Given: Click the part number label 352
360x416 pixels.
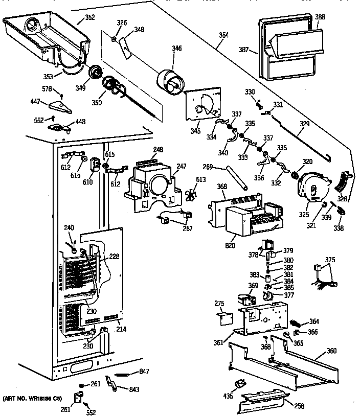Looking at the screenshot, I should [x=89, y=17].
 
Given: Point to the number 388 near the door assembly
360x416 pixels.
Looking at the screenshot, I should [x=320, y=17].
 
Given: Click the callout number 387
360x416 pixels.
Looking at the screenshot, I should [x=243, y=50].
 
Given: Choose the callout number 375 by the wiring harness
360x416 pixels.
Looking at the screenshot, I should [x=331, y=260].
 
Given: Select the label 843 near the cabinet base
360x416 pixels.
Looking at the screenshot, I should [x=134, y=390].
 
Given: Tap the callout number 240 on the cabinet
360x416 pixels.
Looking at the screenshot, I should [x=69, y=227].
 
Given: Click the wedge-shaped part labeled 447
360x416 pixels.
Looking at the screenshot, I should [x=60, y=107].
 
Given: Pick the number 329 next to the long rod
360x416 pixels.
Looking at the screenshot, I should [x=304, y=124].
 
